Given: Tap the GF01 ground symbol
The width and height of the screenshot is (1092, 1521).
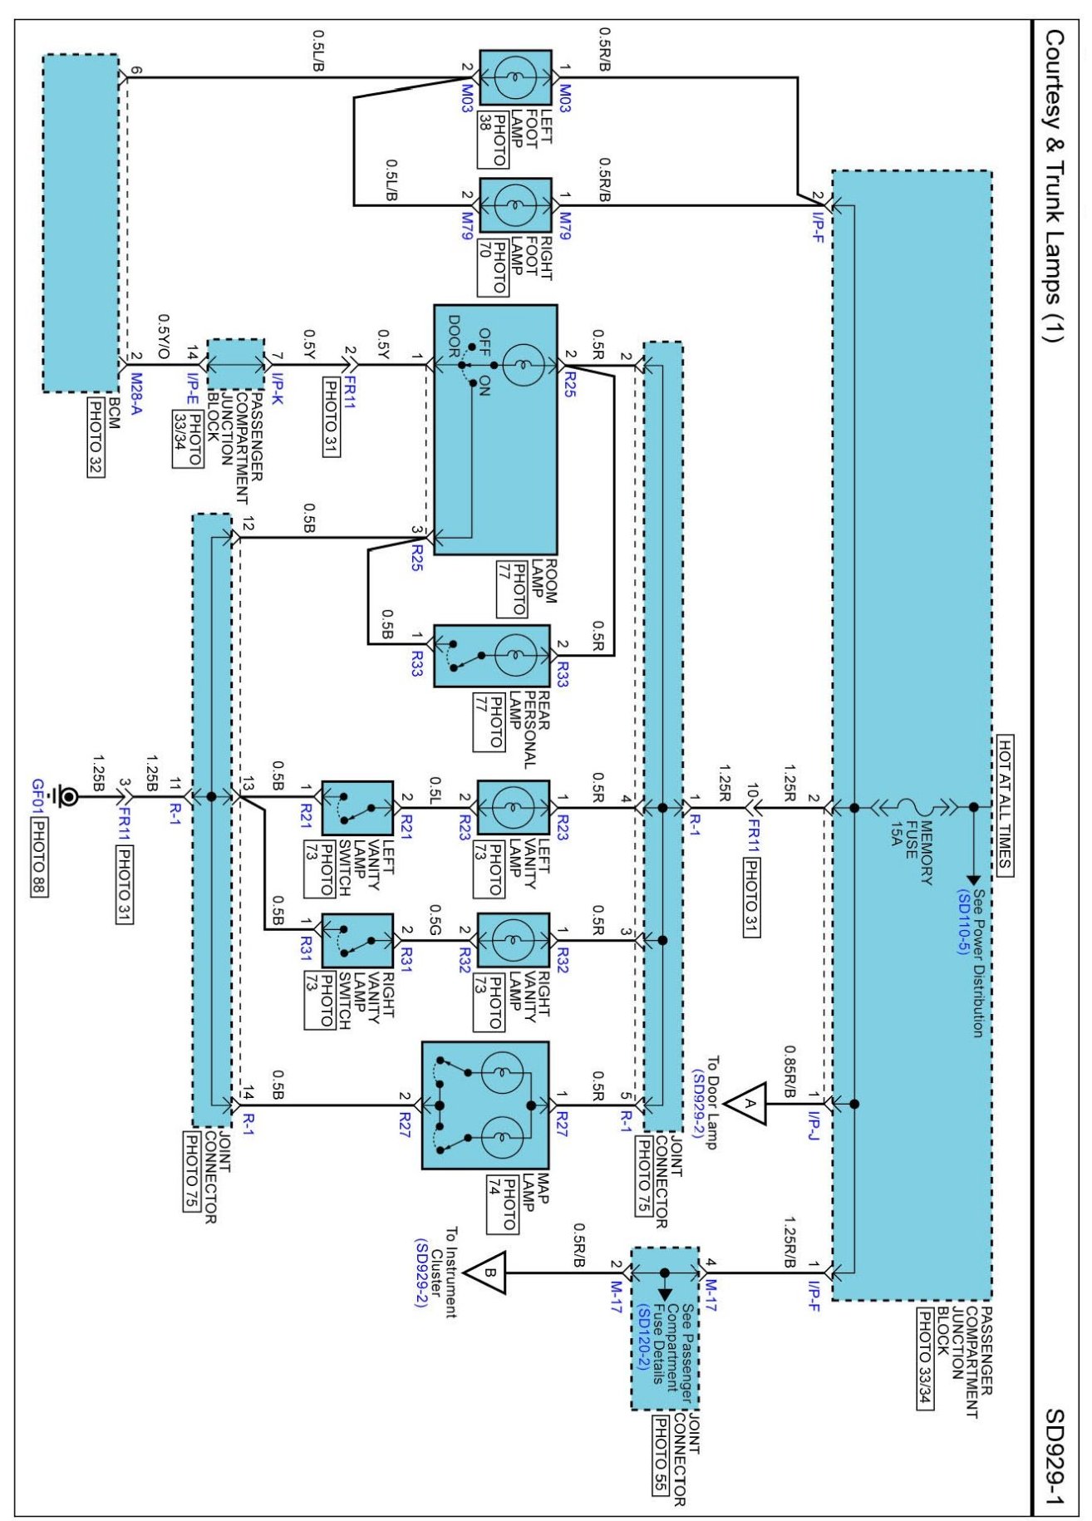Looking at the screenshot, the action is pos(63,798).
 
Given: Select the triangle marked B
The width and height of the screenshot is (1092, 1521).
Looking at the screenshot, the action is pos(485,1272).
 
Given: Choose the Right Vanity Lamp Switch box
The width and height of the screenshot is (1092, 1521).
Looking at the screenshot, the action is pos(357,941).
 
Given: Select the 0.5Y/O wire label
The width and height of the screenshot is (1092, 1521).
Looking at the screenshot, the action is pos(164,336).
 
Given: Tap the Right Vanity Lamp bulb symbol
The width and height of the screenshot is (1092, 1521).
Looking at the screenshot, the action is pos(514,941).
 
